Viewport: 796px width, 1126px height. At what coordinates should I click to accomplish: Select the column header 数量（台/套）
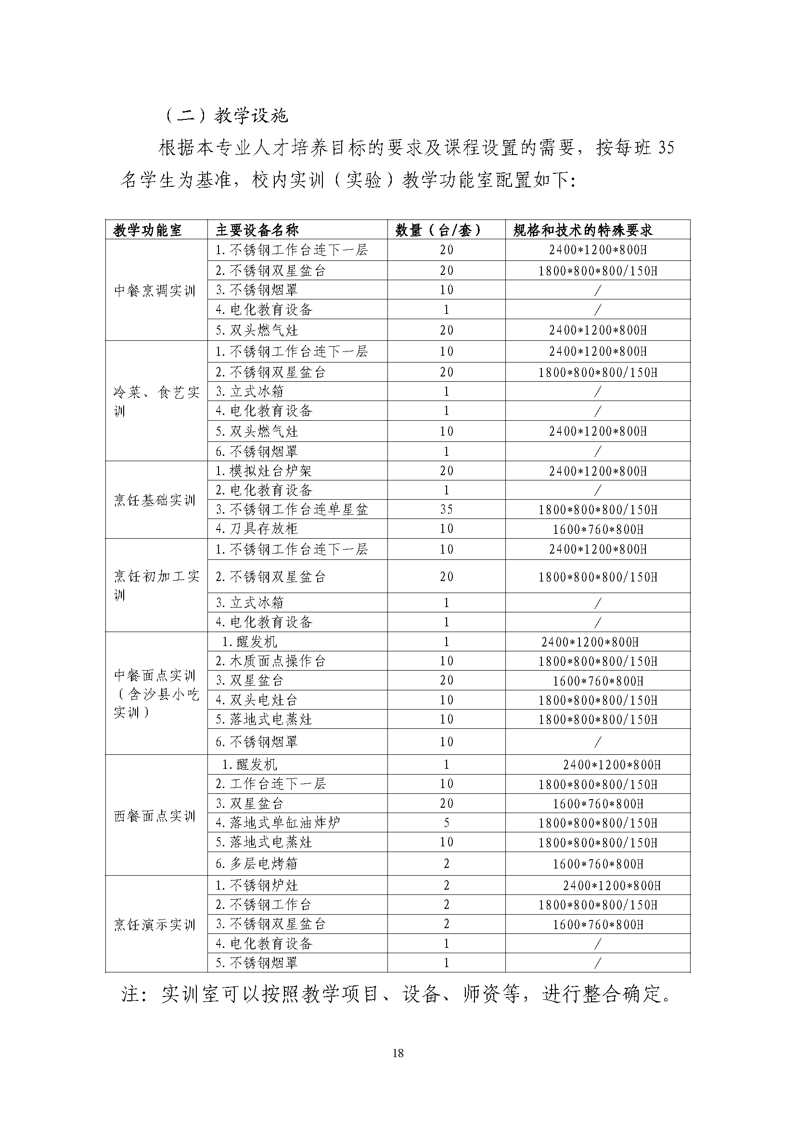[438, 230]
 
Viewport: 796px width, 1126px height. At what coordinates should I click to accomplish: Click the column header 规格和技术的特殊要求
[583, 230]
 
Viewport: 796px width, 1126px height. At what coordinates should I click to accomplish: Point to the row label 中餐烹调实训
[154, 291]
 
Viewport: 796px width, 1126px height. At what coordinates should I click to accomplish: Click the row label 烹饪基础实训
[154, 500]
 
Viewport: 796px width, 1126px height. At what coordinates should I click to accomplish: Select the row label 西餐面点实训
[154, 816]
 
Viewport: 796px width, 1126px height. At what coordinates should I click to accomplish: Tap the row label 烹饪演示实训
[154, 925]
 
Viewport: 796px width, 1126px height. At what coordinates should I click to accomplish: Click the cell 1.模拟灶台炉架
[264, 471]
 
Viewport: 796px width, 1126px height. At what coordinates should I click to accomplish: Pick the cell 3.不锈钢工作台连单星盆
[292, 509]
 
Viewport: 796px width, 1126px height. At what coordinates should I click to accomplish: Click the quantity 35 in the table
[446, 509]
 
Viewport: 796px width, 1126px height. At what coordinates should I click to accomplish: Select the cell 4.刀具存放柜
[257, 529]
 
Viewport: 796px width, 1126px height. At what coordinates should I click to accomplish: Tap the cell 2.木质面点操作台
[270, 661]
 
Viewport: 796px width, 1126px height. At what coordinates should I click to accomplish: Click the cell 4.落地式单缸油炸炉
[278, 822]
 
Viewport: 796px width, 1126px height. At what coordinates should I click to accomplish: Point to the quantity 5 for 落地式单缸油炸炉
[446, 822]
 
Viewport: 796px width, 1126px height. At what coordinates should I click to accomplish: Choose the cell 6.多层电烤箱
[257, 863]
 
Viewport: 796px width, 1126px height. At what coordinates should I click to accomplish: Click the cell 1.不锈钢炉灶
[257, 885]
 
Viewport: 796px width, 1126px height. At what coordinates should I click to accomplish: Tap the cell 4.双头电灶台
[257, 700]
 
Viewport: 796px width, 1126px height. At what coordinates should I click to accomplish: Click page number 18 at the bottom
[398, 1052]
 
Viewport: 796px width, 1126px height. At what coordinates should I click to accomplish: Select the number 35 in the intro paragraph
[666, 148]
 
